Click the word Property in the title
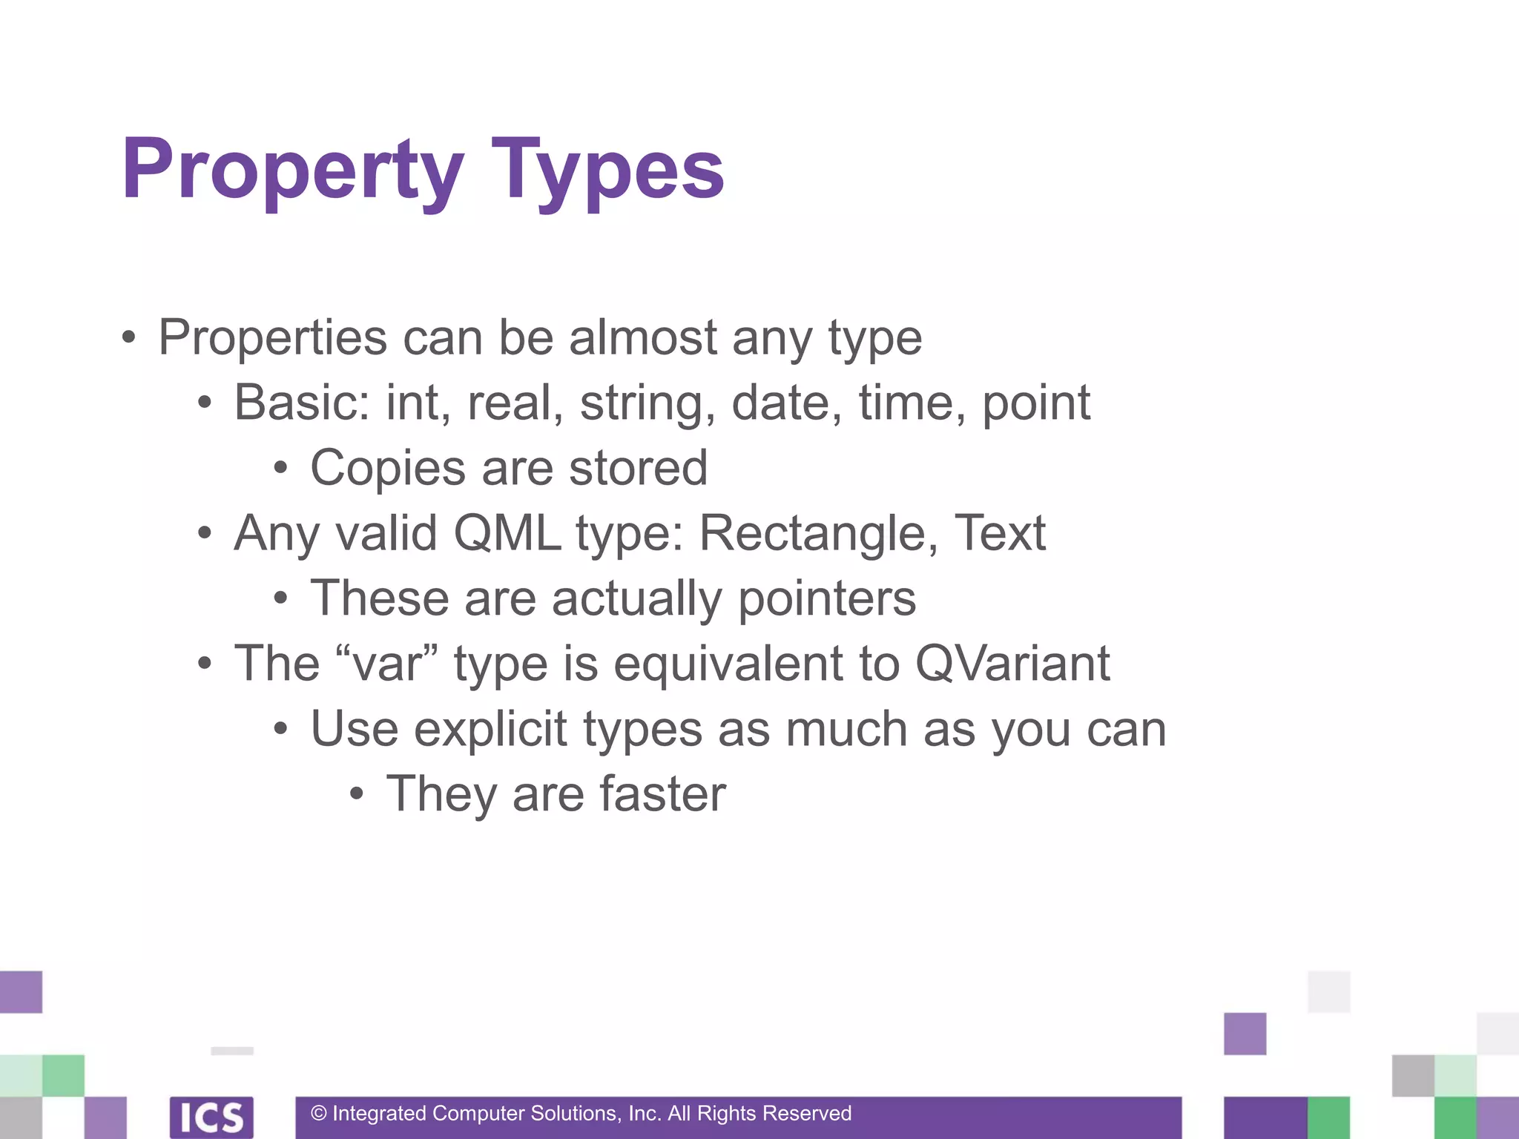[x=293, y=171]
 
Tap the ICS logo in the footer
[x=211, y=1117]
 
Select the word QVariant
[x=1012, y=663]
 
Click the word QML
[x=507, y=533]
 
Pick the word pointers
[x=826, y=599]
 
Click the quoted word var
[x=386, y=663]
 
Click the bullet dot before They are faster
[x=357, y=795]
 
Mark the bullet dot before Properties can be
[x=129, y=338]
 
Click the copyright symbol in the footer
[x=319, y=1113]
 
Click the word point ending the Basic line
[x=1035, y=404]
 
